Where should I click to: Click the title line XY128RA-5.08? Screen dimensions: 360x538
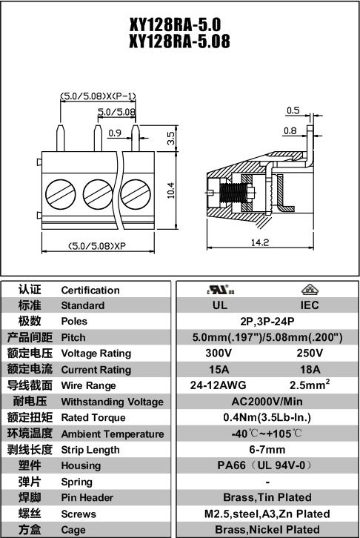pos(179,41)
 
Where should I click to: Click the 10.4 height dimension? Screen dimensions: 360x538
pos(171,190)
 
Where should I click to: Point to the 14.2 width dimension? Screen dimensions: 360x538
pos(259,242)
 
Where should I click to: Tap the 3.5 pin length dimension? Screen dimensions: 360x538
pos(171,138)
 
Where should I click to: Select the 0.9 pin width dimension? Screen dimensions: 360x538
pos(115,133)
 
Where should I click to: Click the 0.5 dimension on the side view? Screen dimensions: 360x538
pos(293,110)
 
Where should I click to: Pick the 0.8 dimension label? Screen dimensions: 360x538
pos(290,130)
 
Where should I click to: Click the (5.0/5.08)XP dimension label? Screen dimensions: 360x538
pos(97,246)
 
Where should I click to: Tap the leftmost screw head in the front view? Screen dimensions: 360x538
pos(60,194)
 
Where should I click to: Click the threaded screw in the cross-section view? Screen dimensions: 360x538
pos(233,193)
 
